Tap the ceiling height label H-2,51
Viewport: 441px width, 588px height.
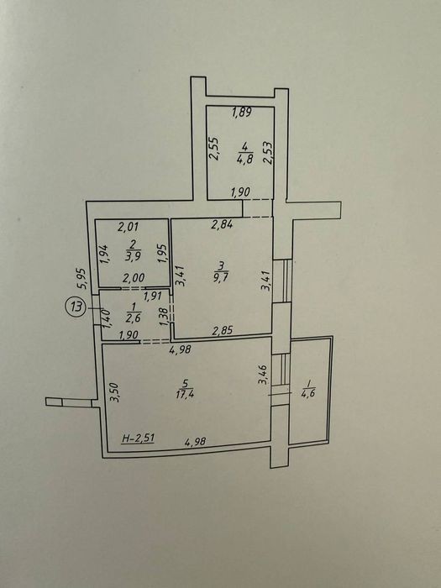tap(139, 438)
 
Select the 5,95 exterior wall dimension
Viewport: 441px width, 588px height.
tap(83, 278)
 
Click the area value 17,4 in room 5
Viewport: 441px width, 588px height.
tap(184, 395)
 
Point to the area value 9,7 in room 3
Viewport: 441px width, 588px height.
tap(221, 278)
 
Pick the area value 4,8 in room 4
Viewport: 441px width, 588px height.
tap(245, 159)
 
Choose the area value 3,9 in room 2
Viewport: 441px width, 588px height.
tap(134, 257)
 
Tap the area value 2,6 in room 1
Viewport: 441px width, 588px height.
tap(132, 318)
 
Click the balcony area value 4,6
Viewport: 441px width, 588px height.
tap(308, 395)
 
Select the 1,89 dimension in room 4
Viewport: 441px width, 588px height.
tap(242, 112)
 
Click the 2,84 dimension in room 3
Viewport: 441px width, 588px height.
tap(222, 224)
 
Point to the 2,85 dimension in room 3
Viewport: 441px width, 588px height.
tap(223, 330)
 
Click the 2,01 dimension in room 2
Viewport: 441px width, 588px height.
tap(129, 227)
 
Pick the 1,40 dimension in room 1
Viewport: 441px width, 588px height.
tap(106, 318)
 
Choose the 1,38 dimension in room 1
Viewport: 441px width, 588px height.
tap(164, 317)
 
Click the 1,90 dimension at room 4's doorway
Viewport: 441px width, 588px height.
tap(240, 192)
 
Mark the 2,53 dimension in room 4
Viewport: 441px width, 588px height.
tap(268, 153)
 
